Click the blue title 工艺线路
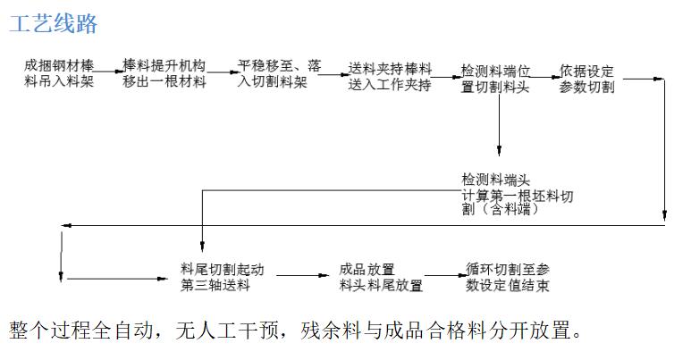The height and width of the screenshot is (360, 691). pyautogui.click(x=54, y=24)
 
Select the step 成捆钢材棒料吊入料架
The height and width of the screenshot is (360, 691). pyautogui.click(x=59, y=73)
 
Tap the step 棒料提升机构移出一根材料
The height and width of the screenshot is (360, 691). pyautogui.click(x=164, y=73)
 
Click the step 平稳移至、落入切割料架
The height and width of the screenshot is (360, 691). pyautogui.click(x=280, y=73)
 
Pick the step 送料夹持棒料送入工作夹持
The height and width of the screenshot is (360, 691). pyautogui.click(x=390, y=76)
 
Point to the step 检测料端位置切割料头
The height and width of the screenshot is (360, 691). pyautogui.click(x=495, y=79)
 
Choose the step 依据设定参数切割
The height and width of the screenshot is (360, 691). pyautogui.click(x=586, y=79)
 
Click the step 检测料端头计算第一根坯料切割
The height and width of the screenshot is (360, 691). pyautogui.click(x=518, y=194)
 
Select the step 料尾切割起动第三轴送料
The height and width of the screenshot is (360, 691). pyautogui.click(x=222, y=277)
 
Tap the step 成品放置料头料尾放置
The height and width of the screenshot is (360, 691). pyautogui.click(x=381, y=277)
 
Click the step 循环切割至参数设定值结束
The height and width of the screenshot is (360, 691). pyautogui.click(x=508, y=277)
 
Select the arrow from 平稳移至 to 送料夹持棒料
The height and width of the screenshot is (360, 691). pyautogui.click(x=334, y=74)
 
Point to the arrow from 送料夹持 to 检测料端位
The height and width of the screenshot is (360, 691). pyautogui.click(x=447, y=77)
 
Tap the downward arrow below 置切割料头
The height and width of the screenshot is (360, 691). pyautogui.click(x=499, y=125)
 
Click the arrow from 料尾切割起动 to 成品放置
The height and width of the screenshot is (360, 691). pyautogui.click(x=303, y=276)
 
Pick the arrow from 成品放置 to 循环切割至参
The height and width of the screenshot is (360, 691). pyautogui.click(x=446, y=276)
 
